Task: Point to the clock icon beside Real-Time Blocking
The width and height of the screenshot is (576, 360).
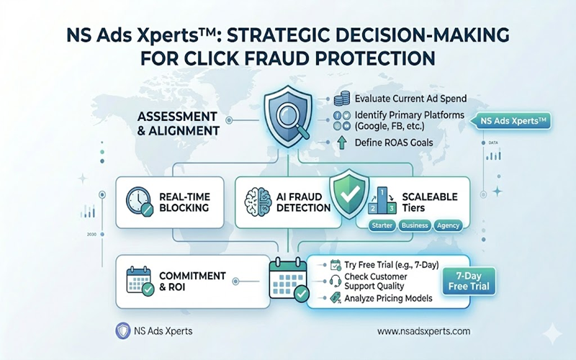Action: click(x=139, y=201)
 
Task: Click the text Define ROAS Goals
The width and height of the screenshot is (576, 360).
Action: click(x=394, y=143)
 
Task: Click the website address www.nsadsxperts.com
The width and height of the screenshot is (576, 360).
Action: click(x=423, y=330)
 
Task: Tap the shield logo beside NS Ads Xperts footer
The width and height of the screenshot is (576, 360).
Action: click(x=122, y=330)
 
